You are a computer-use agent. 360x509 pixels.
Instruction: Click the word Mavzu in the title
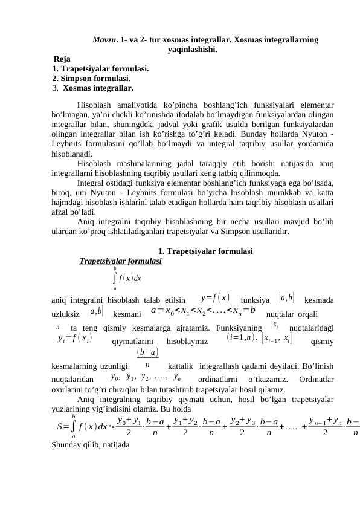pyautogui.click(x=104, y=40)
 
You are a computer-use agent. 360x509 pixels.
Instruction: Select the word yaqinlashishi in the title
pyautogui.click(x=192, y=50)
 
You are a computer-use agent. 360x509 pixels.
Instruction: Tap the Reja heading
pyautogui.click(x=62, y=59)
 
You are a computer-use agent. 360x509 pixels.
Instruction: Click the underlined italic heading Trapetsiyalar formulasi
pyautogui.click(x=121, y=262)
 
